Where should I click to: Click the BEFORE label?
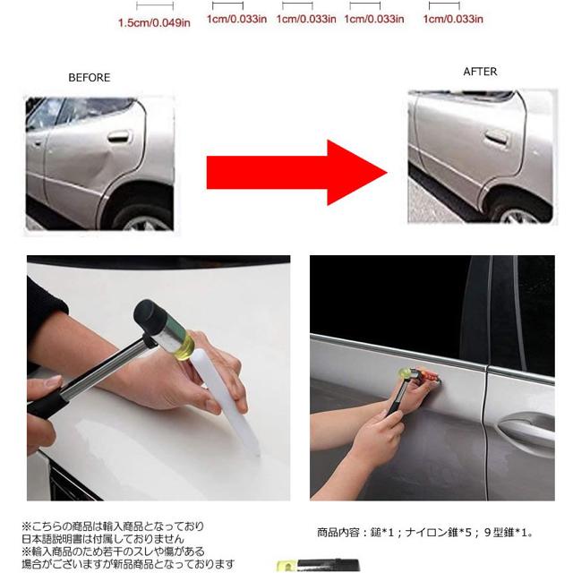(90, 78)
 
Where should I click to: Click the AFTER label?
(480, 72)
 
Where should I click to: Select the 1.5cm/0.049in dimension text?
(154, 21)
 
